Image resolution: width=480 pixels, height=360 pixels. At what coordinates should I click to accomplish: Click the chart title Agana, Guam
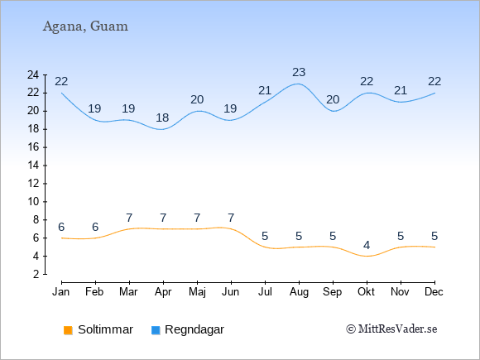tap(85, 26)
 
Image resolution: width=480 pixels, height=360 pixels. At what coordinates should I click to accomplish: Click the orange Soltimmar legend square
tap(68, 330)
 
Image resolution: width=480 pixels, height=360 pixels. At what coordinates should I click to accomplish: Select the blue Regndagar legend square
tap(156, 330)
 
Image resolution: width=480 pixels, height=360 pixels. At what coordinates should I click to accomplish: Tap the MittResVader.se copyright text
tap(391, 329)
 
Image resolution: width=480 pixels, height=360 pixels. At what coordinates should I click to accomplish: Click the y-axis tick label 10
tap(33, 202)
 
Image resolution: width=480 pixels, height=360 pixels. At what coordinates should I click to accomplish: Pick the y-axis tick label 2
tap(36, 274)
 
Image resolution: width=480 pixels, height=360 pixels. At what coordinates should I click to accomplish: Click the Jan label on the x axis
tap(61, 292)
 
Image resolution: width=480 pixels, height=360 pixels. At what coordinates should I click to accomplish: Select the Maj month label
tap(197, 292)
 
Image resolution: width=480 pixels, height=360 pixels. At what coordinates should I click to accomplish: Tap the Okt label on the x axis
tap(366, 292)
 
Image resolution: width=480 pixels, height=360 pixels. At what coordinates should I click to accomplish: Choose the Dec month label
tap(434, 292)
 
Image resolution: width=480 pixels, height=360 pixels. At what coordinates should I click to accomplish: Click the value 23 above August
tap(299, 73)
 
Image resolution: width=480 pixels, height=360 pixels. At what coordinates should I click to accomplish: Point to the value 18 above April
tap(162, 118)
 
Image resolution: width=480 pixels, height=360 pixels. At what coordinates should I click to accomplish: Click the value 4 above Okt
tap(367, 245)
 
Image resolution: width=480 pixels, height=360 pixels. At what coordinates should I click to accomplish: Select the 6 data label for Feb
tap(95, 227)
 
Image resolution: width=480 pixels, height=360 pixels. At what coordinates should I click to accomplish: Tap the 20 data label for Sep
tap(333, 100)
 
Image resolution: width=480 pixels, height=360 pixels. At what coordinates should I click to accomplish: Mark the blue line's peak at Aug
tap(298, 84)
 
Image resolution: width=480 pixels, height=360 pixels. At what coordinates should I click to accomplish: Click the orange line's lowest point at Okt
tap(367, 257)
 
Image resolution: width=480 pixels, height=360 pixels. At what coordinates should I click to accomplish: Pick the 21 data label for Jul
tap(265, 90)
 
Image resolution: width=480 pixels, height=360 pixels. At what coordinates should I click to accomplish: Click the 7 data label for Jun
tap(231, 218)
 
